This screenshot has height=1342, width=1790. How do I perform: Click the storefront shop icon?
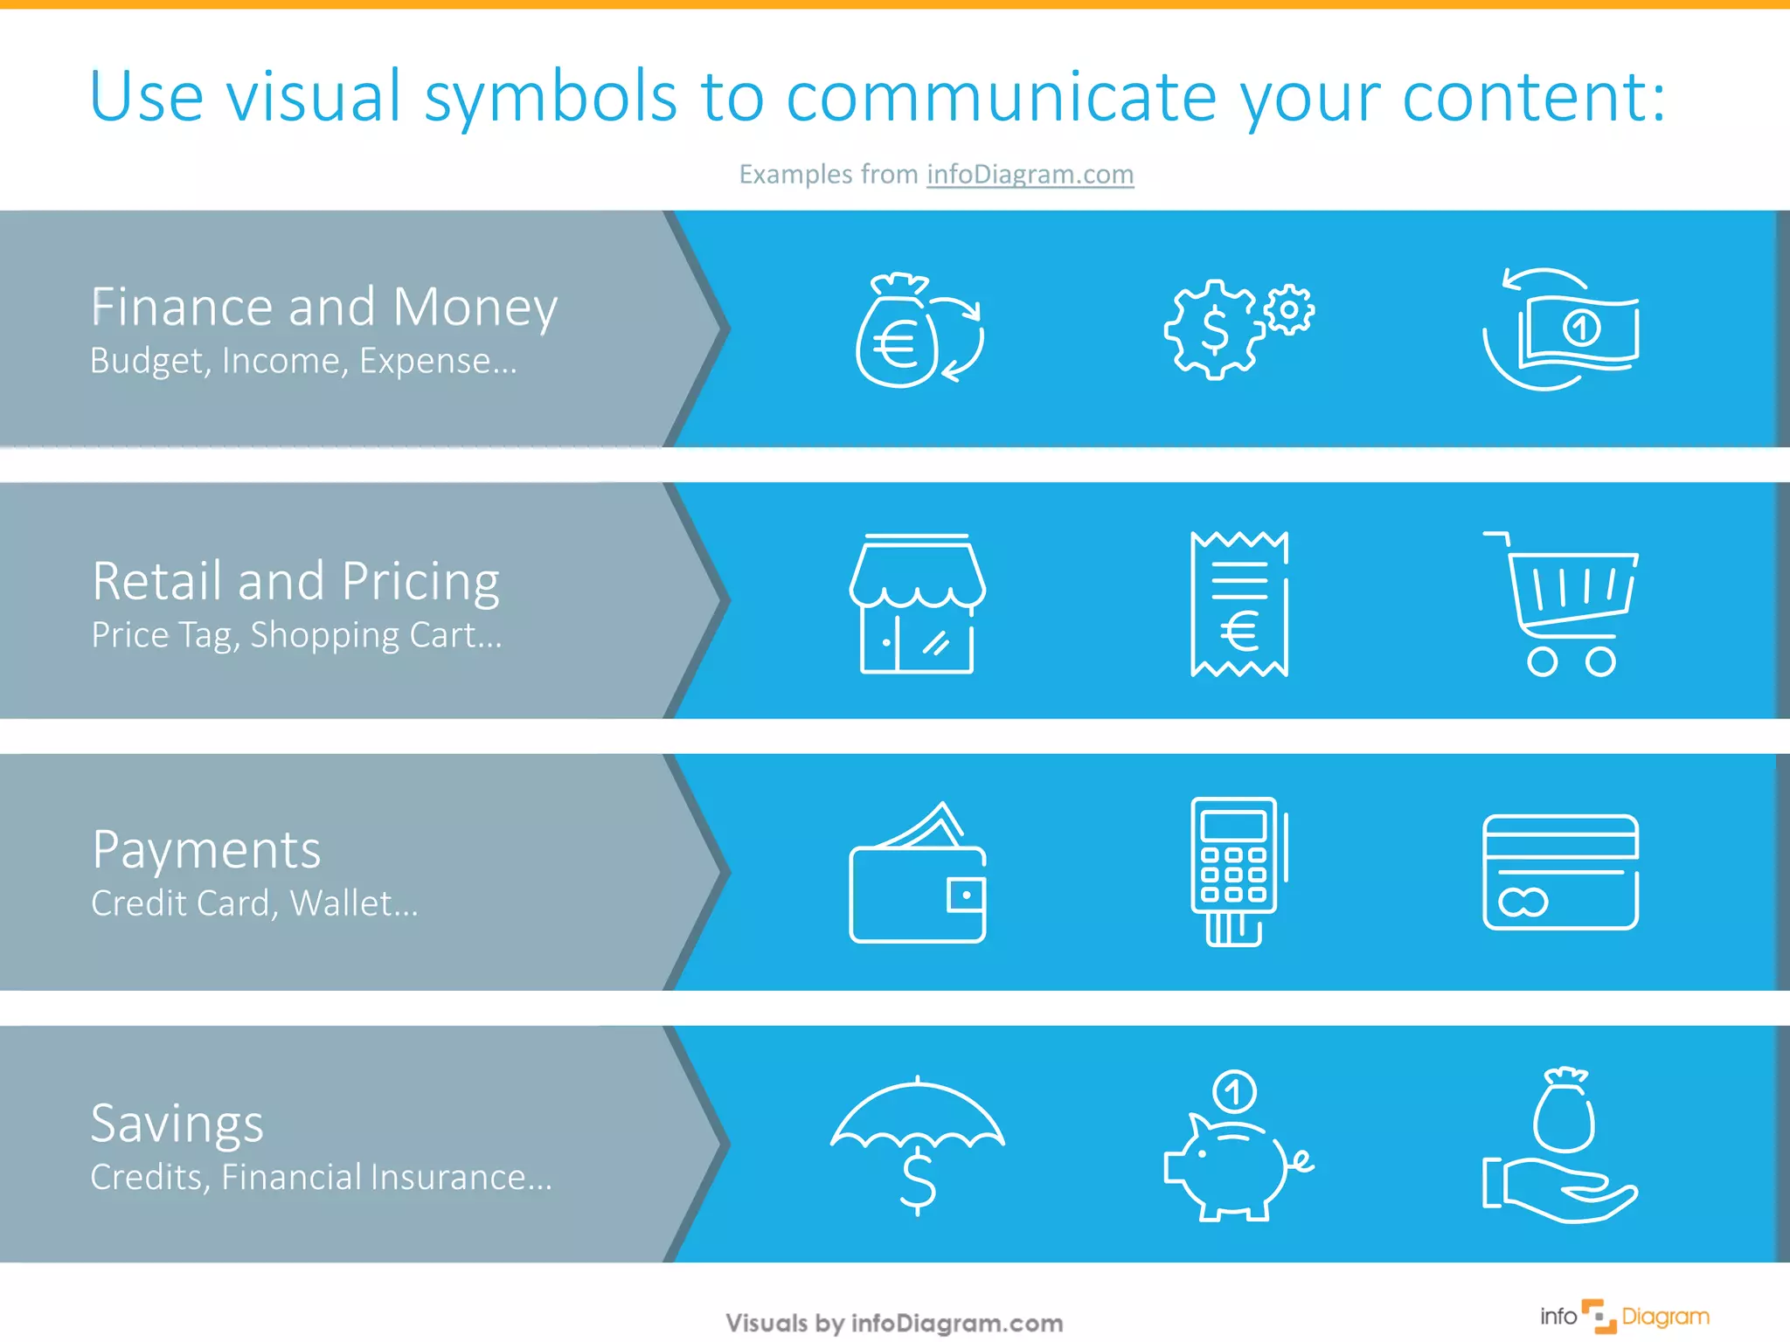(917, 603)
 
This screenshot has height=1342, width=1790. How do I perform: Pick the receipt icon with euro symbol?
(1239, 604)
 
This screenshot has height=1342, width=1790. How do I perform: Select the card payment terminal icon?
(1237, 872)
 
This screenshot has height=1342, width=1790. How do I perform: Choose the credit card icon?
(1561, 872)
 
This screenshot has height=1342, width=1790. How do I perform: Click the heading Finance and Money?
(324, 307)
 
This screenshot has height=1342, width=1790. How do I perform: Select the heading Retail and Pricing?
(295, 581)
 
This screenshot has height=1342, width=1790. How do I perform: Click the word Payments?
(206, 849)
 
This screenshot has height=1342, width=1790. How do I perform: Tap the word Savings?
(177, 1124)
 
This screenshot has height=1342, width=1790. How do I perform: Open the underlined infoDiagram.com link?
(1030, 174)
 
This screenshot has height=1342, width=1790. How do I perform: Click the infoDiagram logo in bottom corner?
(1624, 1317)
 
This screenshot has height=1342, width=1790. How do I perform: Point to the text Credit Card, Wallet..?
(254, 903)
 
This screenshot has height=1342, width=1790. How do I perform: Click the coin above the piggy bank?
(1234, 1091)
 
